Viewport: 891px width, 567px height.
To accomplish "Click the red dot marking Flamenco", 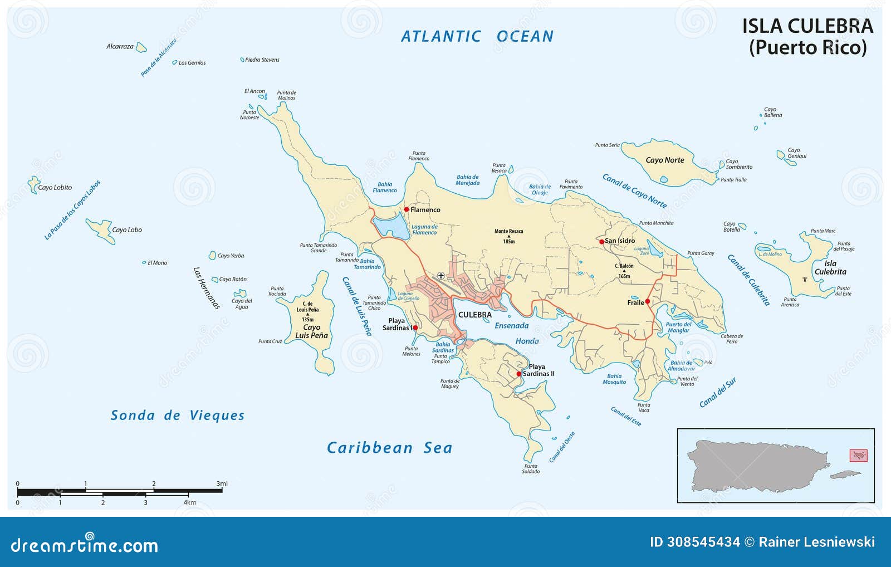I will tap(407, 209).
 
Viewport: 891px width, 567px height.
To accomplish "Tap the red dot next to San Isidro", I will tap(601, 242).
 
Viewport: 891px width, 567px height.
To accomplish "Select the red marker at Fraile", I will tap(647, 301).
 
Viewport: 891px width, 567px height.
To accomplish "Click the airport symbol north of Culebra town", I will tap(441, 276).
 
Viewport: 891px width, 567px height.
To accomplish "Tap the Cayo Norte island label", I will tap(664, 160).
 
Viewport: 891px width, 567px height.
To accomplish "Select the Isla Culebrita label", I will tap(830, 267).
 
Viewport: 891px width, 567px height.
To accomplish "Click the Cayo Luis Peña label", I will tap(311, 331).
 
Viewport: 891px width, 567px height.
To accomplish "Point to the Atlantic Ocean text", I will tap(477, 37).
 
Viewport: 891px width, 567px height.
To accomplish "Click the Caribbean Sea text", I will tap(389, 448).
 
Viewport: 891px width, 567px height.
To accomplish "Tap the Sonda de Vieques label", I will tap(178, 416).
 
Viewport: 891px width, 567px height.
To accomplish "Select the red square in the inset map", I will tap(858, 456).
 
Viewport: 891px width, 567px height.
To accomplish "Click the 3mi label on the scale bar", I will tap(222, 483).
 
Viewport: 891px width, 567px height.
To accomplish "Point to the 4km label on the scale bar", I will tap(189, 502).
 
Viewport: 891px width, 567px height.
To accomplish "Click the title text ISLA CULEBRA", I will tap(807, 26).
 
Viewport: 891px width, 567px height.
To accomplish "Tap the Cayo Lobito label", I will tap(55, 188).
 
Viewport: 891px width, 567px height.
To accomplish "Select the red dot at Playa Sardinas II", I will tap(518, 374).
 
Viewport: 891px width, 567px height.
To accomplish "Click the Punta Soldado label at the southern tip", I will tap(531, 468).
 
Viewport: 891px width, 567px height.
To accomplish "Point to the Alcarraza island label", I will tap(120, 47).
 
